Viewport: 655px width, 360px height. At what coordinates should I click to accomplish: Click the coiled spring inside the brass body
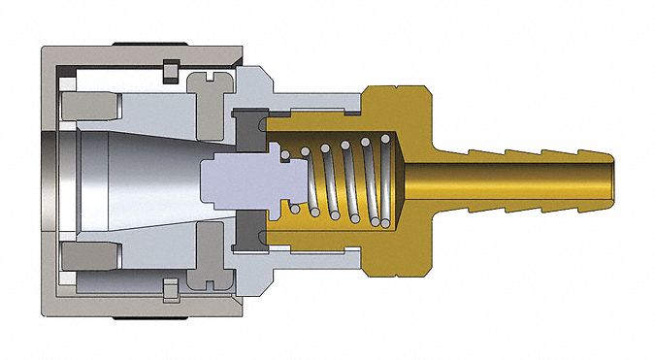tap(349, 180)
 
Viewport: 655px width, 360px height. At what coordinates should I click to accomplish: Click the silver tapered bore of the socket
tap(146, 180)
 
